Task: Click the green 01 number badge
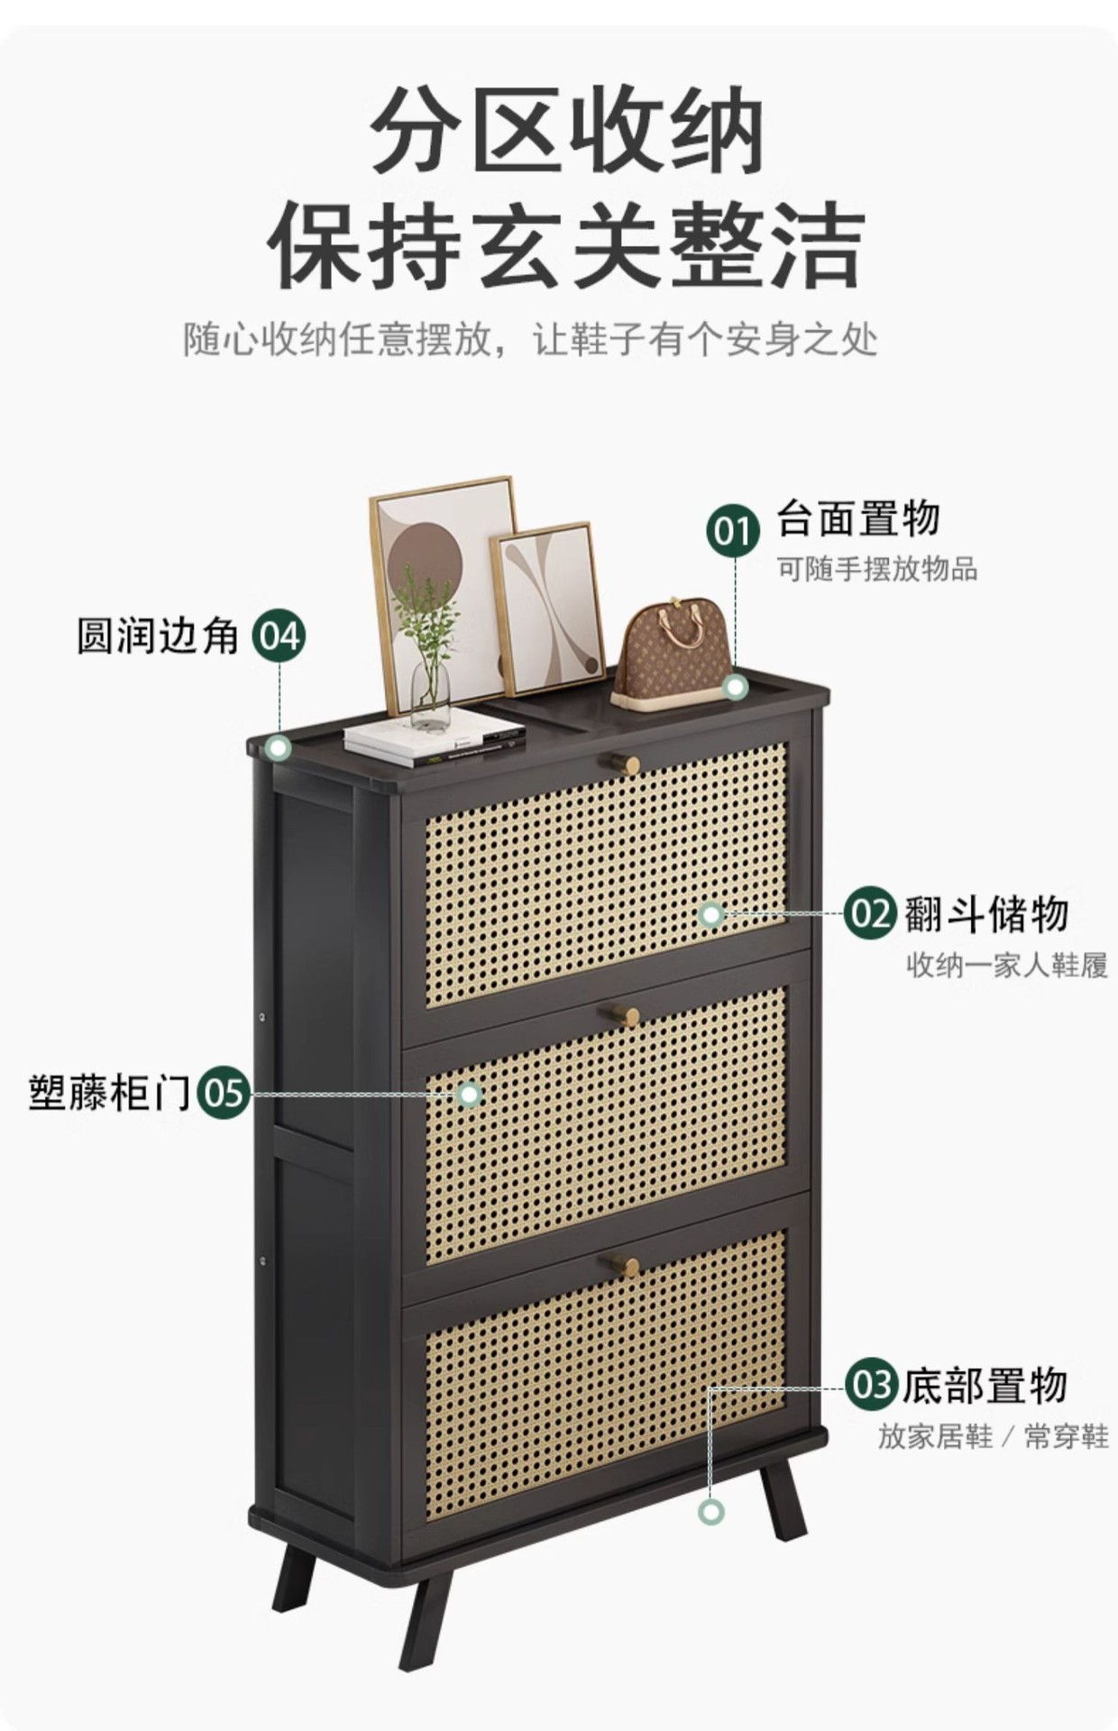[x=732, y=531]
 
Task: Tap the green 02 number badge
[x=870, y=913]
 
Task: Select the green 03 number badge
[x=871, y=1385]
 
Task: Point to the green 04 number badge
[x=279, y=637]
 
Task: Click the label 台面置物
[x=857, y=518]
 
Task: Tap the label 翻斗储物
[x=985, y=913]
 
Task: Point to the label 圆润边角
[x=158, y=637]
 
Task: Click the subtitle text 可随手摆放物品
[x=877, y=569]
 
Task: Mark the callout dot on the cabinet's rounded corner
[x=279, y=747]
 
